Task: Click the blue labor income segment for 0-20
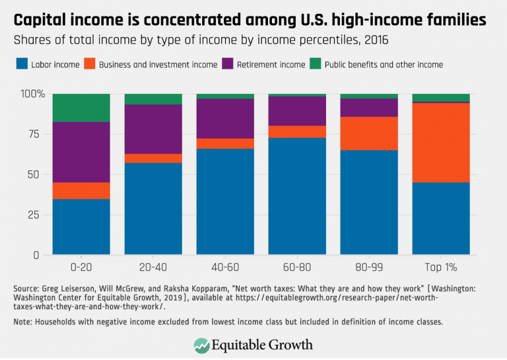pos(81,227)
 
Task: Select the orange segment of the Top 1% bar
pos(441,142)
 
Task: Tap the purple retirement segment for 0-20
pos(81,152)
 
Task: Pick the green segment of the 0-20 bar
pos(81,108)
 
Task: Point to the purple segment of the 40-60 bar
pos(225,118)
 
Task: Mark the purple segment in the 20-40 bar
pos(153,129)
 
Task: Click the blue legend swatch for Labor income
pos(21,64)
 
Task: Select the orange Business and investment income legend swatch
pos(90,64)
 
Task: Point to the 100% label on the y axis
pos(31,94)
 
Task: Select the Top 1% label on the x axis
pos(441,268)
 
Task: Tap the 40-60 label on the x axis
pos(225,268)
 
